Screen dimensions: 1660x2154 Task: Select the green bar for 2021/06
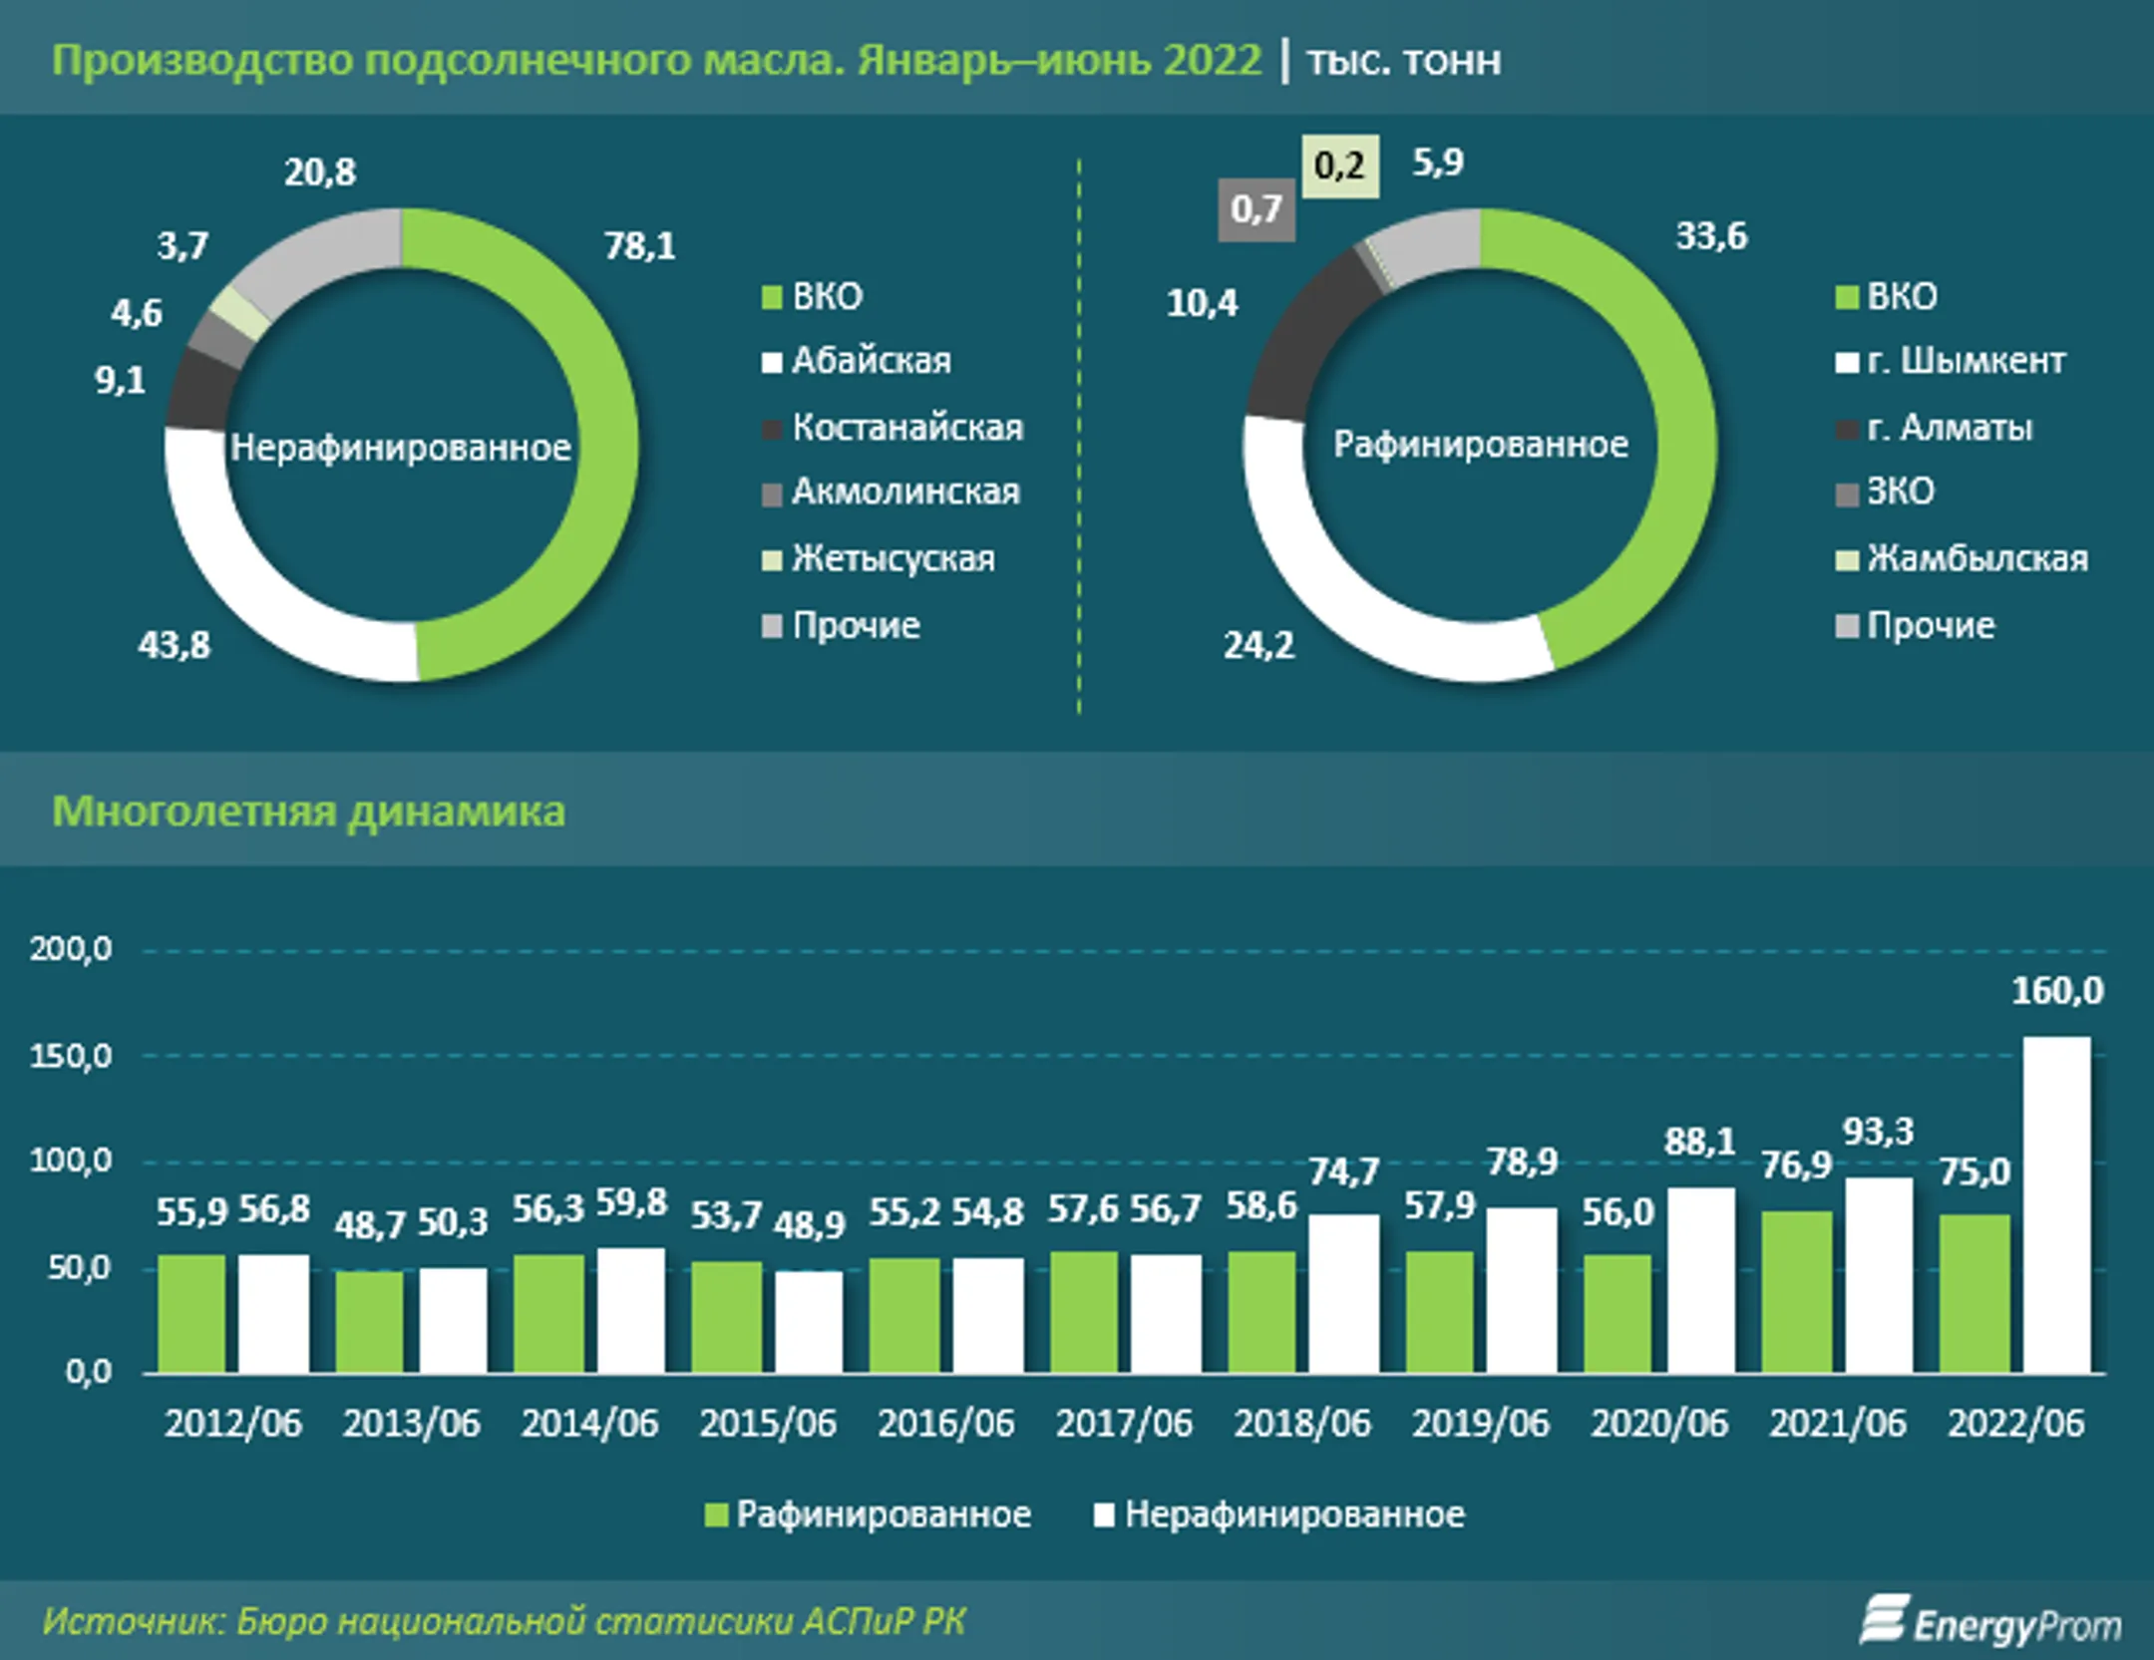point(1796,1292)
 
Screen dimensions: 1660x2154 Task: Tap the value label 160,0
point(2056,991)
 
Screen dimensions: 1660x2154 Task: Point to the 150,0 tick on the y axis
point(71,1056)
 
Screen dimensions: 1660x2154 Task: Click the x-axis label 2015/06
point(767,1423)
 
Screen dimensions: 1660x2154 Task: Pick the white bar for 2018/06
point(1343,1293)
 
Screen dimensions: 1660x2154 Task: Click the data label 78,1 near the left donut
point(639,246)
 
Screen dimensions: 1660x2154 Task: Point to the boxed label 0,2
point(1339,166)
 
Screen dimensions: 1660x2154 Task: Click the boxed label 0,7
point(1256,209)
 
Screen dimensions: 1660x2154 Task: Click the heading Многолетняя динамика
point(308,812)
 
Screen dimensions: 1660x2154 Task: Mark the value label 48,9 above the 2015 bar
point(809,1224)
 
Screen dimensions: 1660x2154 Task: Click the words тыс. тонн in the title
point(1403,62)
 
